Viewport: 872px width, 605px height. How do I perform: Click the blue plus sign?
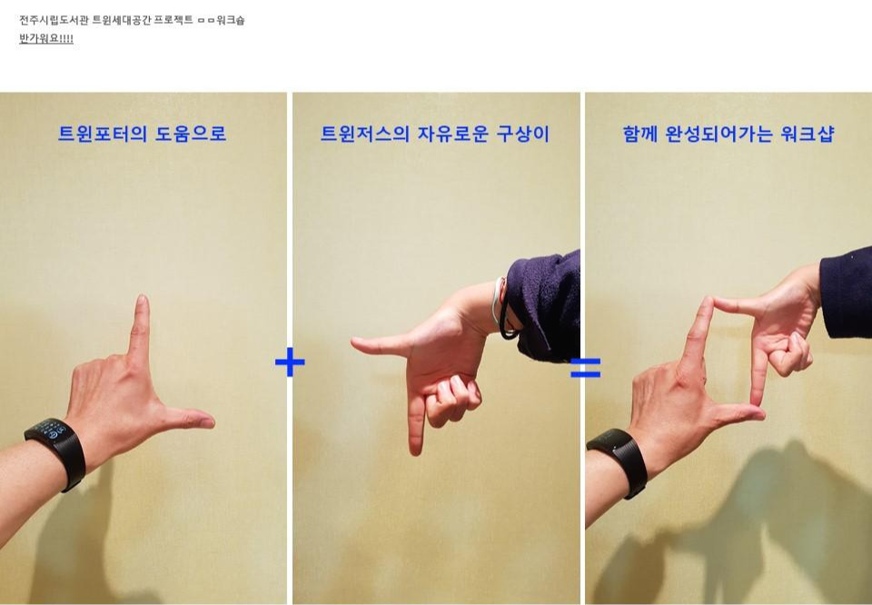(290, 362)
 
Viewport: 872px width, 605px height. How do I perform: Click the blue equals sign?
(586, 368)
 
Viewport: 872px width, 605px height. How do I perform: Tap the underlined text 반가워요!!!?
(46, 38)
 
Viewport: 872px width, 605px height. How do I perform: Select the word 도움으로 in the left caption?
(191, 134)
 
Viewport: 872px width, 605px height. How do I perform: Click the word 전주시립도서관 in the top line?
(54, 21)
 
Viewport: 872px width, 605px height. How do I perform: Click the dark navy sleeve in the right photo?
(847, 293)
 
